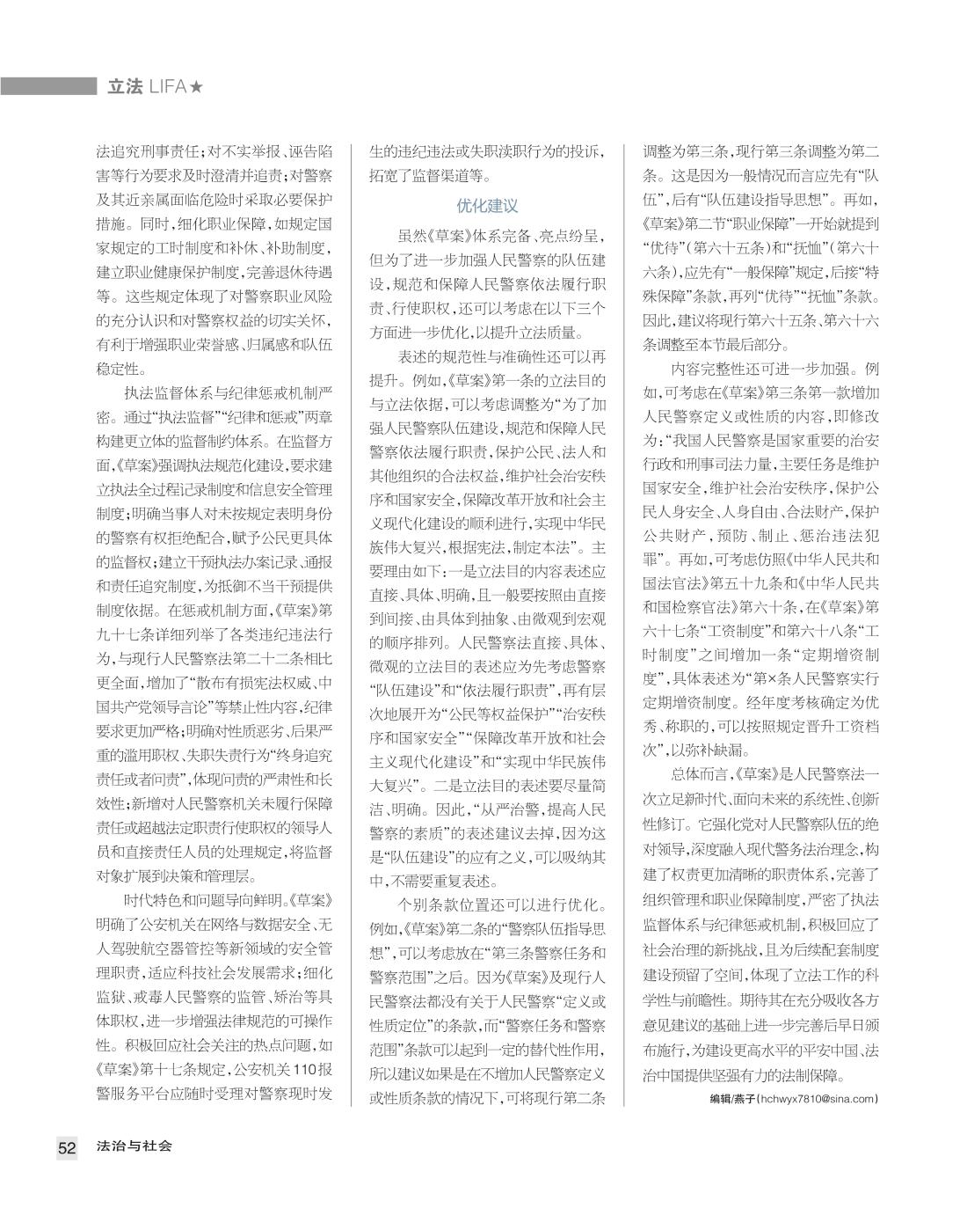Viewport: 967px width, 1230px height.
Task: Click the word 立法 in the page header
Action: coord(124,86)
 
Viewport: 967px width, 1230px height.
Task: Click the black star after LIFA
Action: coord(198,86)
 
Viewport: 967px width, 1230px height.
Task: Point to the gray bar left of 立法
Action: coord(48,86)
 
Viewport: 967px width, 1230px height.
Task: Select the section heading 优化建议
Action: coord(487,206)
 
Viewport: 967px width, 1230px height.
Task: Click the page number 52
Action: coord(67,1147)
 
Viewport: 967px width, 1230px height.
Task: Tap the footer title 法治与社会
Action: coord(135,1146)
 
